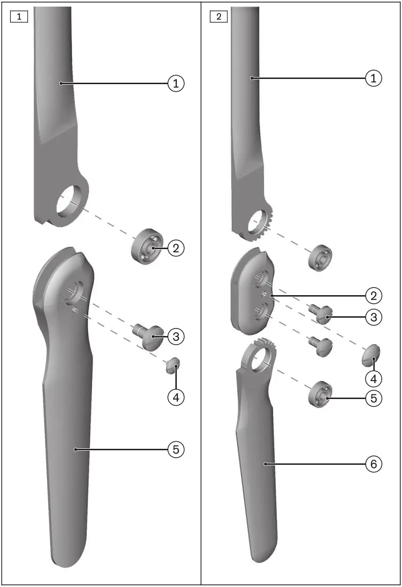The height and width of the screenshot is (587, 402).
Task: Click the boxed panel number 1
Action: (19, 17)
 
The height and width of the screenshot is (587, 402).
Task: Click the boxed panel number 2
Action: (219, 17)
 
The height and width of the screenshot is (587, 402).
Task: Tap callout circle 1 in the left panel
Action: (176, 84)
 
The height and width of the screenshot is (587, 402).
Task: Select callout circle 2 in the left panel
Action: (176, 248)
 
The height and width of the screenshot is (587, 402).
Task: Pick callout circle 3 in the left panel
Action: (176, 337)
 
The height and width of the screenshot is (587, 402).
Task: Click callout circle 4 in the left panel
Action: (176, 398)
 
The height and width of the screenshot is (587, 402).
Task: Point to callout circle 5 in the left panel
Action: (176, 450)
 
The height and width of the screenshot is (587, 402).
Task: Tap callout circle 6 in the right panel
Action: (374, 464)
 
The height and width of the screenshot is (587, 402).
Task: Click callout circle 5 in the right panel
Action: (374, 398)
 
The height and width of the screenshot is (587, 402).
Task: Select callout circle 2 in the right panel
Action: (374, 296)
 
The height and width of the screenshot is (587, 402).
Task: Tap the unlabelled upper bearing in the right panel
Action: (320, 257)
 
